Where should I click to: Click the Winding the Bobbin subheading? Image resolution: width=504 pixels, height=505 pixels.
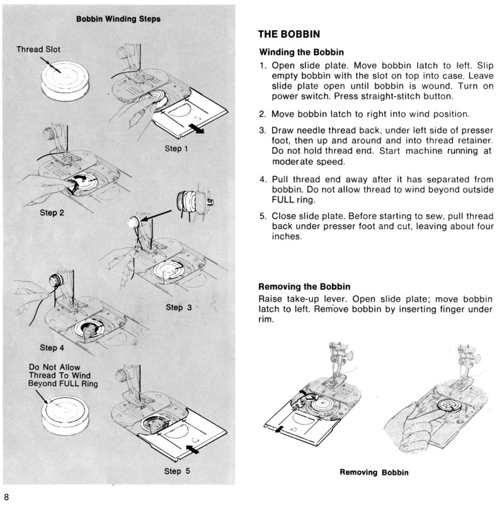(x=301, y=52)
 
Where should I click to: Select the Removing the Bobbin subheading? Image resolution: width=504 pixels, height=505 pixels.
(x=305, y=287)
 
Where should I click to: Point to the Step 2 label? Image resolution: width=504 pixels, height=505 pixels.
(x=52, y=213)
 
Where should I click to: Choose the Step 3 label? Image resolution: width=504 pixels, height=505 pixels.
(x=183, y=308)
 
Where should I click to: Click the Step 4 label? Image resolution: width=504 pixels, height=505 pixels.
(x=52, y=347)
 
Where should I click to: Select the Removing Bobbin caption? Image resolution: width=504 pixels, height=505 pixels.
(x=375, y=472)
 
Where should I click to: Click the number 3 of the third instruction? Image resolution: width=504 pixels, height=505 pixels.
(x=263, y=130)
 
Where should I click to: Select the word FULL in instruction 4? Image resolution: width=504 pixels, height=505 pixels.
(x=272, y=200)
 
